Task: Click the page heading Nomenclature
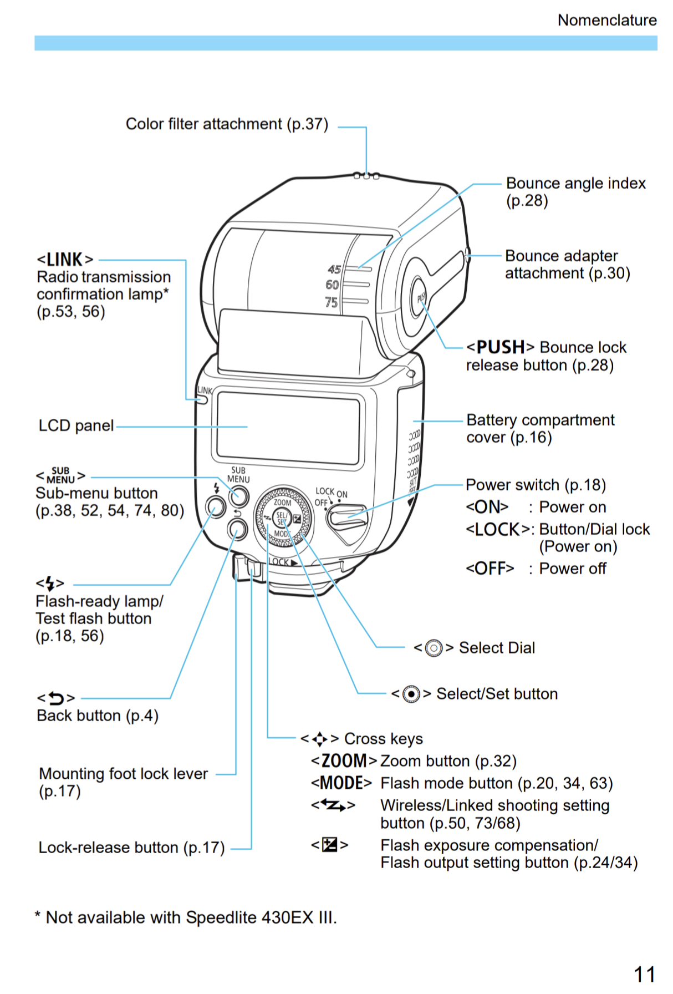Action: [606, 20]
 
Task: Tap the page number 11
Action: [644, 974]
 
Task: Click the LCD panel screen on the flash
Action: [288, 428]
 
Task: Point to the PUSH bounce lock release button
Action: [420, 298]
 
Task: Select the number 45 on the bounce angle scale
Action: [334, 270]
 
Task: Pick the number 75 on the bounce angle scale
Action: [331, 303]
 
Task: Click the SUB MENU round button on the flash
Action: [239, 495]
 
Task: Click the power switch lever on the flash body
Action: [346, 517]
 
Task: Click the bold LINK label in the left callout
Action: [65, 260]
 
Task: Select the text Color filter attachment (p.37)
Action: [227, 124]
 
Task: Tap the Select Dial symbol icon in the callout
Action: [434, 648]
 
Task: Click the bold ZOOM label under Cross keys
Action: [344, 760]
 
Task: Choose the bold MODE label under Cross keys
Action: [341, 783]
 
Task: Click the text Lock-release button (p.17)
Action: [131, 848]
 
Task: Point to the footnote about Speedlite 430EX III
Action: [186, 917]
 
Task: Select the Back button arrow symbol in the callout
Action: [56, 698]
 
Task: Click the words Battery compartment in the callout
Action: [540, 420]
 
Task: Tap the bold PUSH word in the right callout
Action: [500, 347]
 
